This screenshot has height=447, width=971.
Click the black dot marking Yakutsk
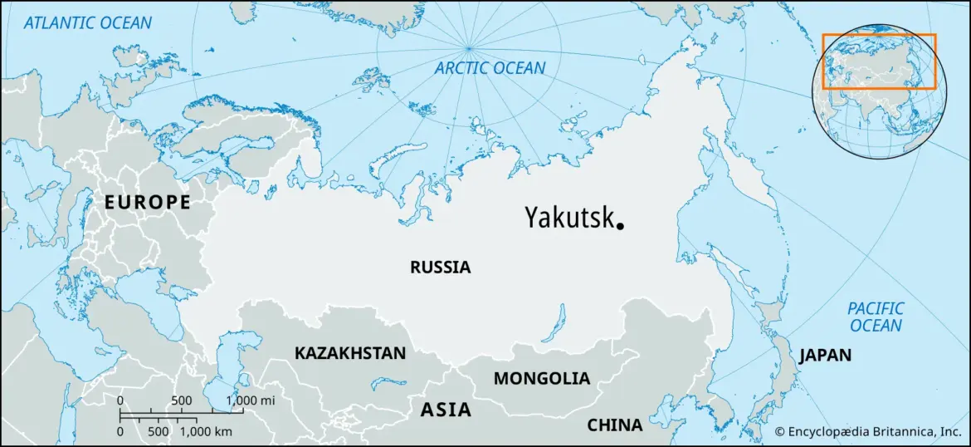620,224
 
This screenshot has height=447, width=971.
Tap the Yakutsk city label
568,218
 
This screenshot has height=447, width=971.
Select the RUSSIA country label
440,268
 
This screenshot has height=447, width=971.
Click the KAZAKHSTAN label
350,353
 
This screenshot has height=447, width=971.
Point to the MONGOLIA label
542,379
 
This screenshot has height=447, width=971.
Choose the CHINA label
614,425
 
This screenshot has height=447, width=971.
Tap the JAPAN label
825,356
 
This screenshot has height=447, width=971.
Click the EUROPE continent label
147,202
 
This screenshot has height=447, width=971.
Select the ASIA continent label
446,410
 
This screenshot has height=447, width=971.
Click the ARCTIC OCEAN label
490,68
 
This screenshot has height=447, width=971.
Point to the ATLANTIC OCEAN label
88,22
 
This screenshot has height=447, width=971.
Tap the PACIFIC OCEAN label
876,317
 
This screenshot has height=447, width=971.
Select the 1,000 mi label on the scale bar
251,400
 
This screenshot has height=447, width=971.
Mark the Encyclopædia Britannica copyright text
868,432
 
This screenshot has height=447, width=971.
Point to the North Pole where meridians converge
470,47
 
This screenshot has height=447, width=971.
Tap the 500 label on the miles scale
182,400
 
